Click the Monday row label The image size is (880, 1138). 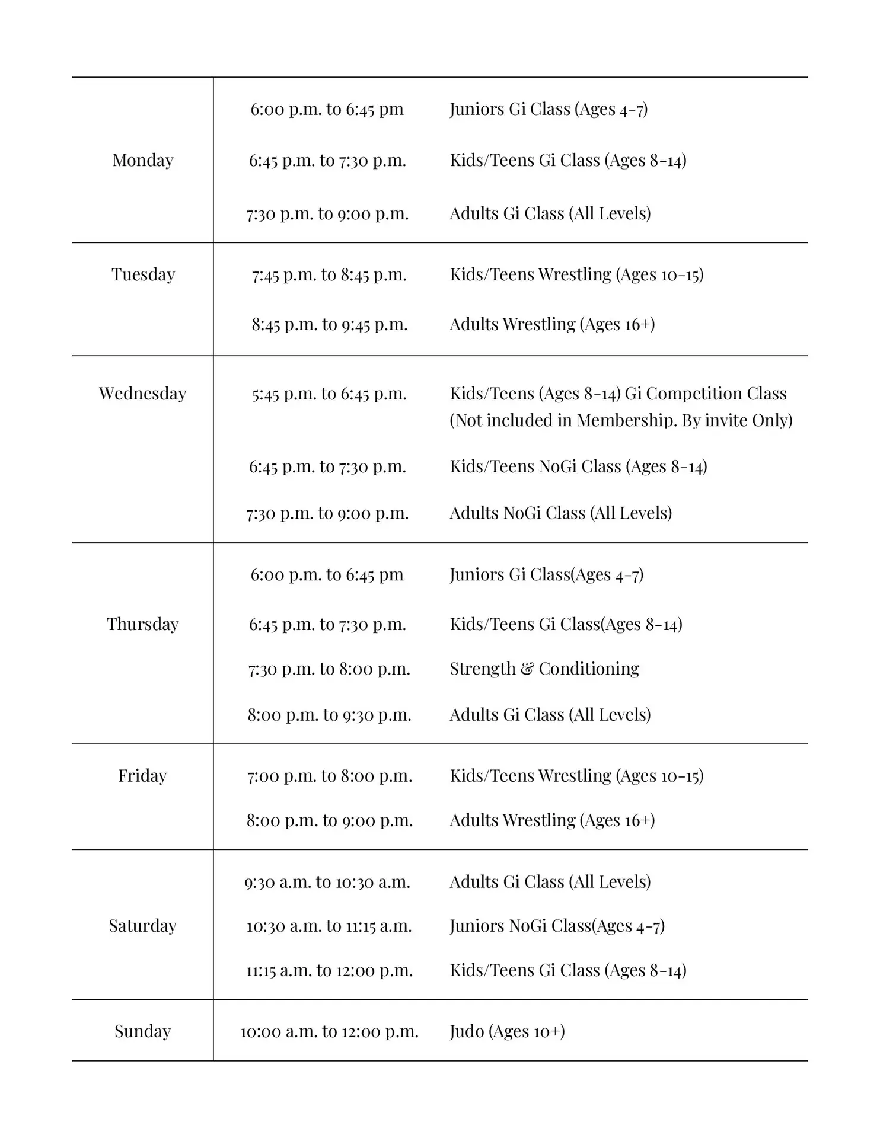coord(143,160)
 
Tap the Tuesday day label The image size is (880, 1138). coord(143,274)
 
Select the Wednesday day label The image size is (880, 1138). coord(142,394)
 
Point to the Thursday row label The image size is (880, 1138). coord(142,624)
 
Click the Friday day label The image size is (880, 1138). coord(142,776)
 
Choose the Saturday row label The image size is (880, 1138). coord(142,926)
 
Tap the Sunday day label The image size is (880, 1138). coord(142,1031)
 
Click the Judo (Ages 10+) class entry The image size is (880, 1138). coord(507,1031)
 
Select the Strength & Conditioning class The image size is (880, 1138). coord(544,669)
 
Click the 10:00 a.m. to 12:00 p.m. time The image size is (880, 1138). coord(329,1032)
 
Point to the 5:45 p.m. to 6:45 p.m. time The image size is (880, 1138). coord(329,394)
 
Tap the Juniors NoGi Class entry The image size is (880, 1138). coord(557,926)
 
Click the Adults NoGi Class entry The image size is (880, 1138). coord(560,513)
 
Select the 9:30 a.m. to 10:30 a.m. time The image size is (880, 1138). coord(327,882)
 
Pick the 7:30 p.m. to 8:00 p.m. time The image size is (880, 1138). coord(329,669)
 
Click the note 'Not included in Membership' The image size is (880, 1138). coord(621,420)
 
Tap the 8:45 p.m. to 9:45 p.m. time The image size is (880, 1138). coord(329,324)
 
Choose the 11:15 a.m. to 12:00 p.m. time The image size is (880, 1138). coord(329,970)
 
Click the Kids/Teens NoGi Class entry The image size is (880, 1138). coord(578,466)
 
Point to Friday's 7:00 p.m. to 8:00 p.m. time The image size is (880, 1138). coord(329,776)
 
